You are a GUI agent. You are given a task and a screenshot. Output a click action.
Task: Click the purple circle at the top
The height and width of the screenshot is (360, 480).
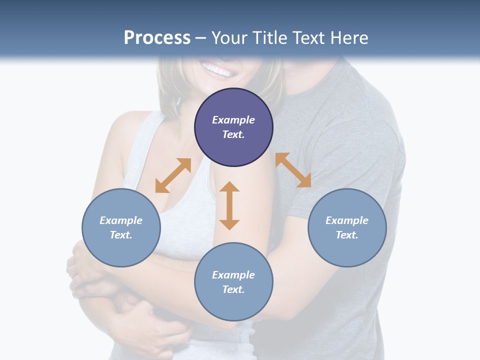coord(233,127)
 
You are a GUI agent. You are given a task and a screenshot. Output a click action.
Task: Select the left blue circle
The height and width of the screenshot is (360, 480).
coord(121,227)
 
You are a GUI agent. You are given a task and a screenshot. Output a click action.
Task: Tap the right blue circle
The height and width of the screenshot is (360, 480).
coord(347,227)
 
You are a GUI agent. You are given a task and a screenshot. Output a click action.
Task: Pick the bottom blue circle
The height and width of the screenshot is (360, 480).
coord(233,282)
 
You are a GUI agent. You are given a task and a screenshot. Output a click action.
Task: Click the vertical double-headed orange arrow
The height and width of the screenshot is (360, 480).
coord(229,205)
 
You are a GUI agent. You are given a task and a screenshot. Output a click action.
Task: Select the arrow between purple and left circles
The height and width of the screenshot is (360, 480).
coord(173,175)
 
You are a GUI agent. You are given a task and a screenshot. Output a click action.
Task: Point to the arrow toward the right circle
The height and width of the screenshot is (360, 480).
coord(293,170)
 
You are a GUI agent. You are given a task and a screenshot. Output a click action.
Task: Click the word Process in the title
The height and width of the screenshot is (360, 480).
coord(157,37)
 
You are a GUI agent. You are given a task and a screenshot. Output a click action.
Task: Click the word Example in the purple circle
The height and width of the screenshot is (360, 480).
coord(233,120)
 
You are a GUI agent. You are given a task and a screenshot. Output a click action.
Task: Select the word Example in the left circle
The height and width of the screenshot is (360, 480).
coord(121,220)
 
